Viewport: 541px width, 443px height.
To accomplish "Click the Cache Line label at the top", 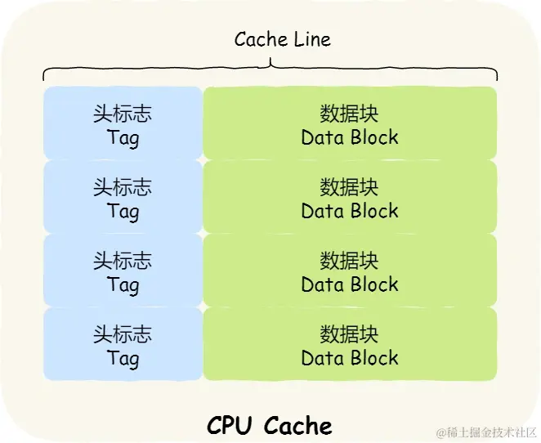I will pyautogui.click(x=282, y=39).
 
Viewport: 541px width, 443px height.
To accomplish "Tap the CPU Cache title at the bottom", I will pyautogui.click(x=270, y=425).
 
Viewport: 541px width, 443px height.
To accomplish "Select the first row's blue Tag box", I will pyautogui.click(x=123, y=123).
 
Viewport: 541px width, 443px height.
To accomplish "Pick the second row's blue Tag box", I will pyautogui.click(x=123, y=196).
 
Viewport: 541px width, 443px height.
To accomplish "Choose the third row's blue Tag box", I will pyautogui.click(x=123, y=270).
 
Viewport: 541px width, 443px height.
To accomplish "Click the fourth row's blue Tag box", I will pyautogui.click(x=123, y=343).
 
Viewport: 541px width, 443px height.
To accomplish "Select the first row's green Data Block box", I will pyautogui.click(x=350, y=123).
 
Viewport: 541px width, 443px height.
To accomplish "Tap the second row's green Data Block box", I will pyautogui.click(x=350, y=196).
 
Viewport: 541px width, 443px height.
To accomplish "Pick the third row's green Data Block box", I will pyautogui.click(x=350, y=270).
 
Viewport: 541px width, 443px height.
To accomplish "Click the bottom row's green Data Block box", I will pyautogui.click(x=350, y=343).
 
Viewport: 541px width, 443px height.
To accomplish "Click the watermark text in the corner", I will pyautogui.click(x=485, y=432).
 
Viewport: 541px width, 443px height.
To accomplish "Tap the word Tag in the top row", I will pyautogui.click(x=123, y=137).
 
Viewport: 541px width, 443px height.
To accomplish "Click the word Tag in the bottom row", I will pyautogui.click(x=123, y=358).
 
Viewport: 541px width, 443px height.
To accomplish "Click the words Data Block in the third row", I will pyautogui.click(x=350, y=284).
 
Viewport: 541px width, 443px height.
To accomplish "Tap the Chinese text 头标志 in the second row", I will pyautogui.click(x=123, y=187).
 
